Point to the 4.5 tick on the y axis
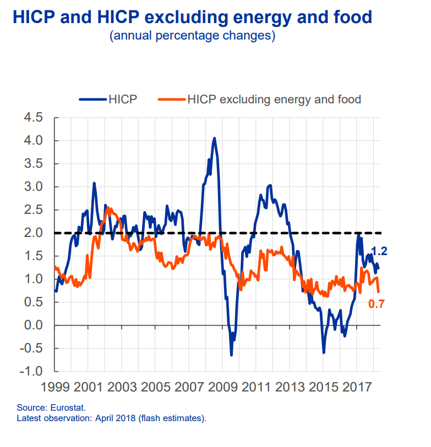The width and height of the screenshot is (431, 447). click(x=32, y=118)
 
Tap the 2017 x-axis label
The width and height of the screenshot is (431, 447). click(x=356, y=386)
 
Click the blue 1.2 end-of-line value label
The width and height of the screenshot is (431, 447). click(x=379, y=251)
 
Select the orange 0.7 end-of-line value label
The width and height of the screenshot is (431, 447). click(x=377, y=304)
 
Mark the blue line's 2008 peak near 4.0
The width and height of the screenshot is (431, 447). click(x=214, y=138)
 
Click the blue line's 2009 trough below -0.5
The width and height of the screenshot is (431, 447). click(x=231, y=355)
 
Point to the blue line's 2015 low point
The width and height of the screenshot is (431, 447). click(x=324, y=352)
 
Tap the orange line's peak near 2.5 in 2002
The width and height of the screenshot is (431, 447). click(x=107, y=208)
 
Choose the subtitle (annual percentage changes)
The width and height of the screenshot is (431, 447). click(x=192, y=36)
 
